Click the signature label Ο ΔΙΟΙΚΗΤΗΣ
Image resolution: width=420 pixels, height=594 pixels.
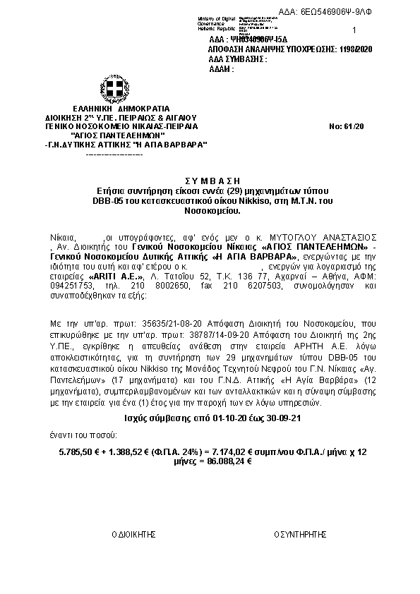[133, 535]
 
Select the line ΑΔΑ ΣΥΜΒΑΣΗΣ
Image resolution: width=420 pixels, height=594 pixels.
[238, 59]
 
